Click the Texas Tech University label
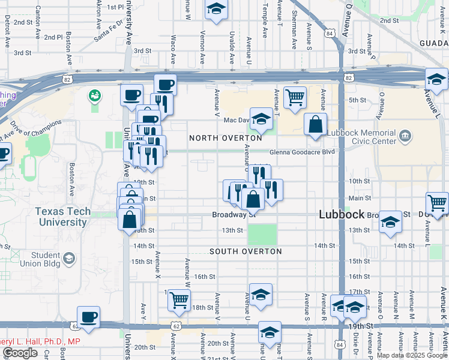62,217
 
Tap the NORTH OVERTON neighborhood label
225,138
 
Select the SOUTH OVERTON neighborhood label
246,251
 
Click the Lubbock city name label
342,214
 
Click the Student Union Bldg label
45,259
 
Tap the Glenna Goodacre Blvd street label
301,152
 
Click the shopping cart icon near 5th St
294,97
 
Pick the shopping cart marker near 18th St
179,300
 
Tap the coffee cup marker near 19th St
89,317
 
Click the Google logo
20,353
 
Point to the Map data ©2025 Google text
412,355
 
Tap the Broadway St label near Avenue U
234,214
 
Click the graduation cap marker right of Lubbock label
390,223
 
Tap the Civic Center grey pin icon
406,137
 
